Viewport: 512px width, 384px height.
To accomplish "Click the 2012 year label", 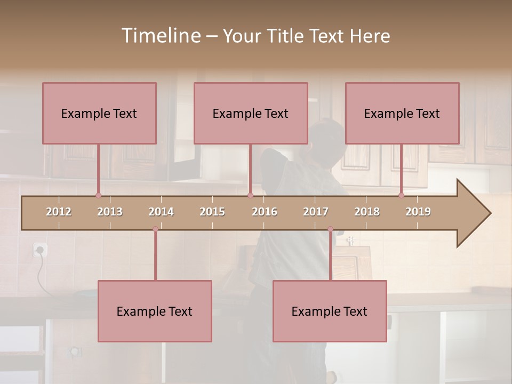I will click(x=59, y=212).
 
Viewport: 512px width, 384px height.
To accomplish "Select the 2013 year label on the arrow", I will click(x=110, y=212).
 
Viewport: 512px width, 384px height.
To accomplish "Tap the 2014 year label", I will click(x=161, y=212).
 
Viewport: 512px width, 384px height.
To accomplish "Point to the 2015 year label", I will click(x=212, y=212).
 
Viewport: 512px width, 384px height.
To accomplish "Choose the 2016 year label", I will click(x=265, y=212).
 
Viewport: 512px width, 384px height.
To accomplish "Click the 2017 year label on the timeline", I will click(x=316, y=212).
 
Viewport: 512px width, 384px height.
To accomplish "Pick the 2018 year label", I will click(x=367, y=212).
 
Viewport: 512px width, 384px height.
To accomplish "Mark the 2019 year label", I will click(x=418, y=212).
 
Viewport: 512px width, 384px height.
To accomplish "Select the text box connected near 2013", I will click(x=99, y=113).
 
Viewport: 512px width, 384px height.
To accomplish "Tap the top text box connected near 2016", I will click(x=251, y=113).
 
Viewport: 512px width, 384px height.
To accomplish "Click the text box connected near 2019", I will click(x=402, y=113).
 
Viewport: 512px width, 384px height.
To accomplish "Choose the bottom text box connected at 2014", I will click(x=155, y=311).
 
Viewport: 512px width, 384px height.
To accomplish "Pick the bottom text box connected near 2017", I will click(x=330, y=311).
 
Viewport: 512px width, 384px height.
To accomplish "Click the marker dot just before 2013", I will click(x=98, y=195).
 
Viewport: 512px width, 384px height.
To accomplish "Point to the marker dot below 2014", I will click(x=155, y=229).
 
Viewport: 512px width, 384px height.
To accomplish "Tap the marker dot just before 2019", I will click(x=401, y=195).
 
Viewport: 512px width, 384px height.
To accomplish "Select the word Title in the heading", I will click(x=285, y=36).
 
